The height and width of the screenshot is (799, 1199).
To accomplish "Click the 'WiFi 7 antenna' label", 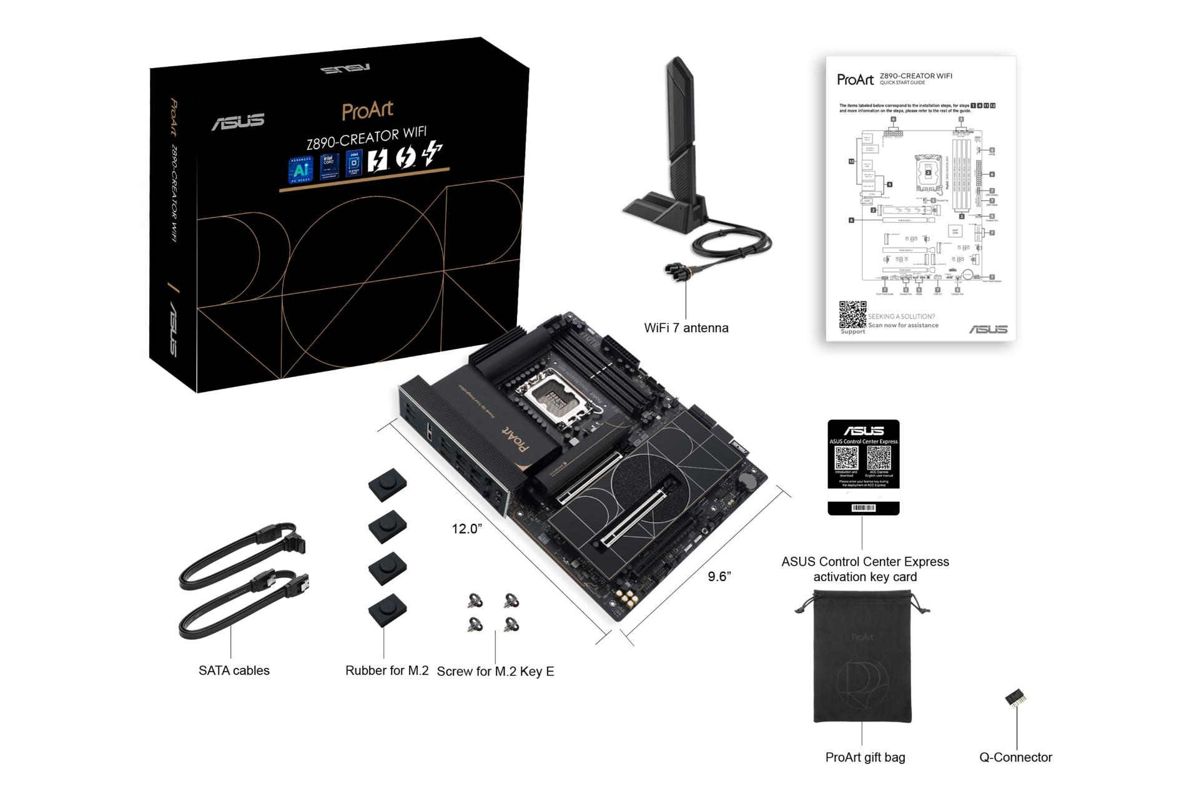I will coord(686,328).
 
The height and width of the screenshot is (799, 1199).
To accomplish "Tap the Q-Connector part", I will coord(1016,697).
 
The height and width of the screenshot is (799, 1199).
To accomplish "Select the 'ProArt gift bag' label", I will coord(865,757).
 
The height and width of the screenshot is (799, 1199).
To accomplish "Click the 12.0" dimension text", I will coord(466,529).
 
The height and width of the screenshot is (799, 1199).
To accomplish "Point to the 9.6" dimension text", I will coord(719,576).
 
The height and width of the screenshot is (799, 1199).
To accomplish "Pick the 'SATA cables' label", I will coord(234,670).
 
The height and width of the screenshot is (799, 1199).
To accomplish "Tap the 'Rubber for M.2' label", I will coord(387,670).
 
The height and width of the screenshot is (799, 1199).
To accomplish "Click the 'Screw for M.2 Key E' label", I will coord(495,671).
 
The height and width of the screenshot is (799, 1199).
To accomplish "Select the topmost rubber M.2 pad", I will coord(387,484).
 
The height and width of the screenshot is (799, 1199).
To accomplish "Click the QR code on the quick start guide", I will coord(852,314).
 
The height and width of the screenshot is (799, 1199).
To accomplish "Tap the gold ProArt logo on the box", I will coord(367,110).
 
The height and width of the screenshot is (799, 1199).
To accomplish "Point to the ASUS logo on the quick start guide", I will coord(988,329).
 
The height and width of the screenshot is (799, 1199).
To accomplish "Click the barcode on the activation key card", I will coord(864,507).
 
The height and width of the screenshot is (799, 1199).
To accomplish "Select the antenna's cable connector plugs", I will coord(677,271).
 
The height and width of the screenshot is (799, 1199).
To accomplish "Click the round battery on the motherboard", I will coord(748,479).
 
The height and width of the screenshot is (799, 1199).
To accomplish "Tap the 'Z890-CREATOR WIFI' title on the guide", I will coord(915,76).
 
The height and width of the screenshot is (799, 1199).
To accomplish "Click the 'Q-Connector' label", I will coord(1015,757).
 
